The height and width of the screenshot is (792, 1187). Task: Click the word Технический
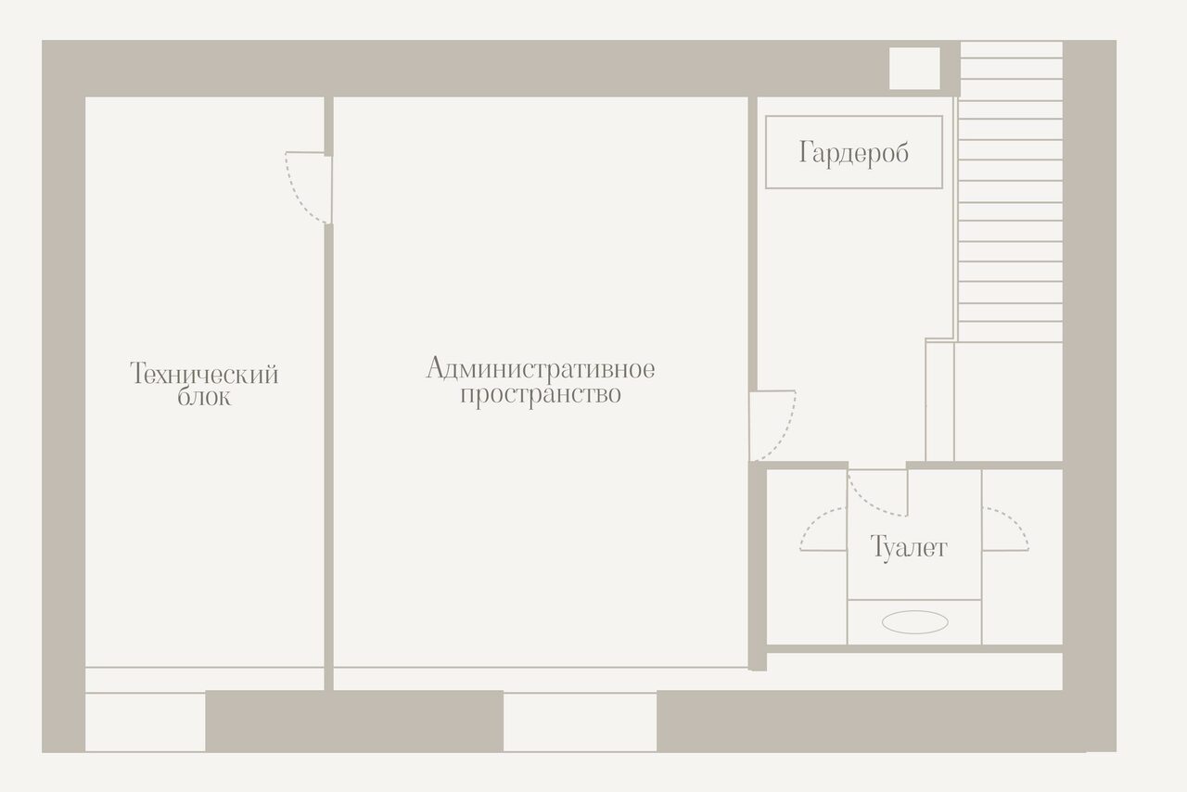click(x=204, y=375)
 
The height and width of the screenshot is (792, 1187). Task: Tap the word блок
click(x=204, y=399)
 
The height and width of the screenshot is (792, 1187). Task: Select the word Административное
click(x=540, y=369)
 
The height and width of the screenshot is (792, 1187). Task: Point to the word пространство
click(x=540, y=395)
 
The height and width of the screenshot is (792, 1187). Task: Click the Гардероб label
click(x=853, y=153)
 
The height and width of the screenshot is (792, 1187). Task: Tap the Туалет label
click(x=909, y=547)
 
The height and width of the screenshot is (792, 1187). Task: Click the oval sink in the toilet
click(x=914, y=623)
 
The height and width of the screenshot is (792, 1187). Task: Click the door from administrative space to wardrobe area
click(x=772, y=425)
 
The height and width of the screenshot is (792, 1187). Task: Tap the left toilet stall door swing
click(x=823, y=531)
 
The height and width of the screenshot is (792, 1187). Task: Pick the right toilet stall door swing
click(x=1005, y=530)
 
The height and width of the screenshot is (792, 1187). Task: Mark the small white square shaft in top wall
click(x=914, y=69)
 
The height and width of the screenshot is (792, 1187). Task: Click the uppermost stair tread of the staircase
click(x=1011, y=50)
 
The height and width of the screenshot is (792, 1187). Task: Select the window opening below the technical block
click(x=145, y=722)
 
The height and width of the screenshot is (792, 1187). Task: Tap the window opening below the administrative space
click(x=580, y=722)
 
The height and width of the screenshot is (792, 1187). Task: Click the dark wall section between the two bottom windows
click(x=353, y=722)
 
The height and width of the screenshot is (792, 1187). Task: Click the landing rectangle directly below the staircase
click(x=1008, y=401)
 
